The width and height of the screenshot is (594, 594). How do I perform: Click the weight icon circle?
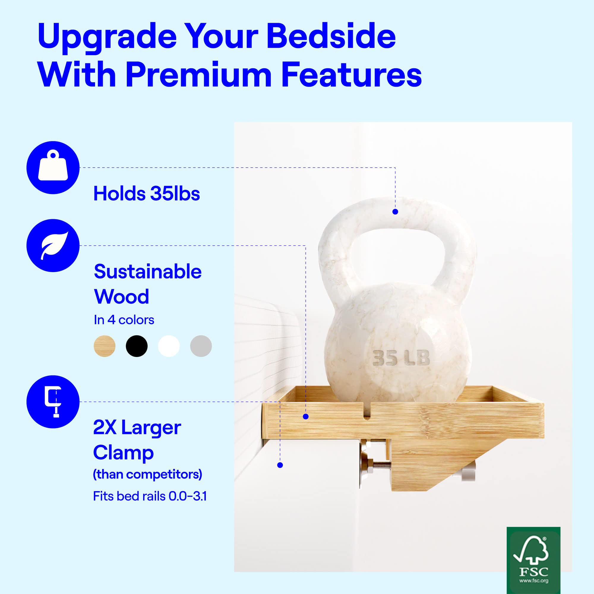click(x=53, y=168)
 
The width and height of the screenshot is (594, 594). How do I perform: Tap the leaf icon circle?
click(x=53, y=245)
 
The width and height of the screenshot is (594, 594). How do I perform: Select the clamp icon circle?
click(x=53, y=402)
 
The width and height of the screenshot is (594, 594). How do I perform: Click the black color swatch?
click(x=137, y=346)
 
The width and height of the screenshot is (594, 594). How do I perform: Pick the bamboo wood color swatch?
click(x=105, y=346)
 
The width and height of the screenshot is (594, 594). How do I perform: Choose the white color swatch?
click(x=169, y=346)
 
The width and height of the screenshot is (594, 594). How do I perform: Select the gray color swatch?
click(x=201, y=346)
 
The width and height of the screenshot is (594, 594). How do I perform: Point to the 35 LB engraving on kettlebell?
click(x=401, y=358)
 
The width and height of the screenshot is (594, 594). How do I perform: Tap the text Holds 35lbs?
click(x=147, y=194)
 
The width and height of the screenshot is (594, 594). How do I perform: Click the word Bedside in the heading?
click(x=331, y=36)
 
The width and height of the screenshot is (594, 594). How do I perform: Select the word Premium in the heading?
click(x=198, y=75)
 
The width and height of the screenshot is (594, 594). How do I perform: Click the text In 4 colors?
click(x=124, y=320)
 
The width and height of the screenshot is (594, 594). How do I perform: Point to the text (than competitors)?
click(x=148, y=474)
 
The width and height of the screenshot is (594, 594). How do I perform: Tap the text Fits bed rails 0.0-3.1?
click(x=150, y=496)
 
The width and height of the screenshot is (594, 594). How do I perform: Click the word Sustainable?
click(x=148, y=271)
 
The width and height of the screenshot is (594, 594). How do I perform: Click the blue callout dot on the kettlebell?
click(x=395, y=211)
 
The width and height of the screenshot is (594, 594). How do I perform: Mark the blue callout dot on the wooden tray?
click(x=306, y=417)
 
